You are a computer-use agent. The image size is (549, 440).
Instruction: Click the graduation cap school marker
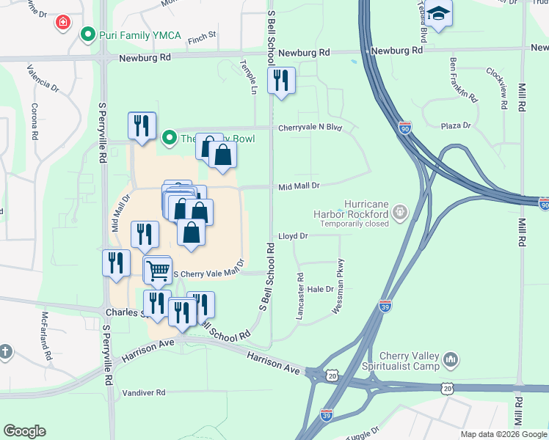click(439, 15)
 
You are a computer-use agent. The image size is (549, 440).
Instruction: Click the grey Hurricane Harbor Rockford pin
click(400, 213)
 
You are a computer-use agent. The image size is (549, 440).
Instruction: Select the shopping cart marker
click(158, 270)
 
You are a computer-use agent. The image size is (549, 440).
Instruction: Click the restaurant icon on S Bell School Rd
click(280, 80)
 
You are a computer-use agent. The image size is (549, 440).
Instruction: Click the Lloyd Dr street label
click(293, 236)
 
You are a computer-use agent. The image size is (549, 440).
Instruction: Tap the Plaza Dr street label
click(455, 125)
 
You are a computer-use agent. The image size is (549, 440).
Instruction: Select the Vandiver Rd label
click(144, 393)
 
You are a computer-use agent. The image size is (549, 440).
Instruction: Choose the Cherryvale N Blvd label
click(310, 128)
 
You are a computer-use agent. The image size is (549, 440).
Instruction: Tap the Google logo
click(25, 431)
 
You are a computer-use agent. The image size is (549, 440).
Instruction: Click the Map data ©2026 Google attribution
click(503, 434)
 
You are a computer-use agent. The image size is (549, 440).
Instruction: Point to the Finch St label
click(201, 34)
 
